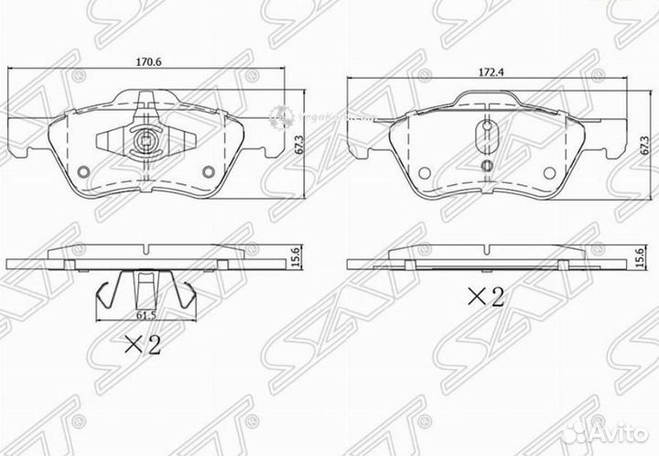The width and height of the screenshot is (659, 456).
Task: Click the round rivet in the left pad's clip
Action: coord(146,142)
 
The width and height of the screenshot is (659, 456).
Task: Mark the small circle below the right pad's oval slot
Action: coord(484,165)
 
